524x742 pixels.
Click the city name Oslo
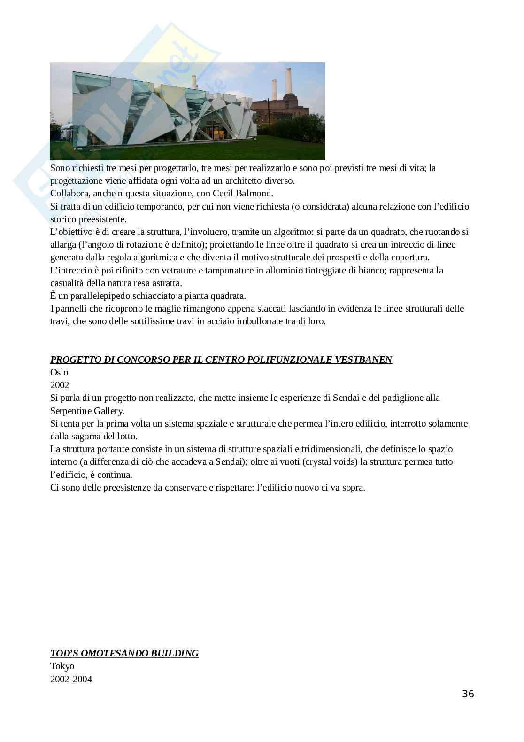59,372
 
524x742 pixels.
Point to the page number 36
468,694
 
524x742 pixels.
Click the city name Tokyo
62,666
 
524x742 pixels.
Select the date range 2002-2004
71,679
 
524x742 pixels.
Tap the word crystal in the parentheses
319,461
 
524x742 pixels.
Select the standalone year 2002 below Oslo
60,385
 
